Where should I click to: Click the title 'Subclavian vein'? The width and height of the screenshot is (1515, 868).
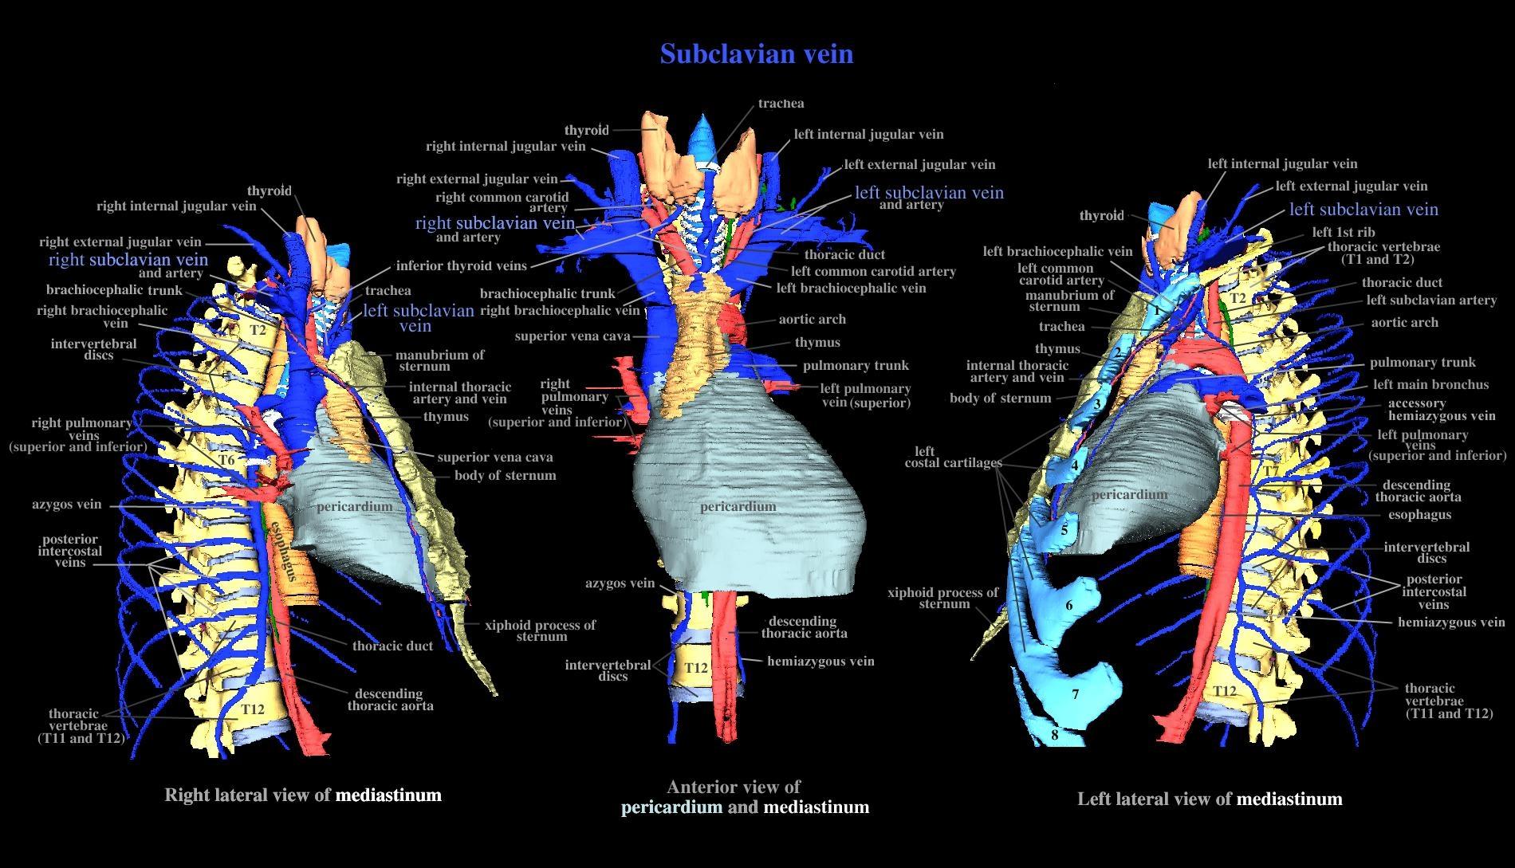pyautogui.click(x=757, y=53)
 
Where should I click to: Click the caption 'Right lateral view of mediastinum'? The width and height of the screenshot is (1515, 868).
pyautogui.click(x=303, y=795)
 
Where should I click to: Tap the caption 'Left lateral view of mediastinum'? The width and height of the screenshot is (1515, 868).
pyautogui.click(x=1210, y=799)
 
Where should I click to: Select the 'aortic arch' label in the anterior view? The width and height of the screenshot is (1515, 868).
pyautogui.click(x=812, y=320)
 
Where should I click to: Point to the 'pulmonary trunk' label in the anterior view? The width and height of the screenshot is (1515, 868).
pyautogui.click(x=856, y=366)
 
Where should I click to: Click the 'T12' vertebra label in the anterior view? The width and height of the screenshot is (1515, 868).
pyautogui.click(x=696, y=668)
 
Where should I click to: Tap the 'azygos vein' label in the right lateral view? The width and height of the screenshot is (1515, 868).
pyautogui.click(x=67, y=505)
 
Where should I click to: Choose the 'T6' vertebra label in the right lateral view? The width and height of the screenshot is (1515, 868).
pyautogui.click(x=227, y=460)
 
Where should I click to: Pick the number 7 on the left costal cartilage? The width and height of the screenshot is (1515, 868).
pyautogui.click(x=1075, y=694)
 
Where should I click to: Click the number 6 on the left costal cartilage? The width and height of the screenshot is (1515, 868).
pyautogui.click(x=1069, y=605)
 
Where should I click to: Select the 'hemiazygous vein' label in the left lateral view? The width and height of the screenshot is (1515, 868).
pyautogui.click(x=1451, y=623)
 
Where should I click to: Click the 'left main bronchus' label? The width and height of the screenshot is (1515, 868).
pyautogui.click(x=1430, y=384)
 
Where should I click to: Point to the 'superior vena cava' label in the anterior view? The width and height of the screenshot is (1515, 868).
pyautogui.click(x=573, y=336)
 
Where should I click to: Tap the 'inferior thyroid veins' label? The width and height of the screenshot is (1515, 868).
pyautogui.click(x=461, y=266)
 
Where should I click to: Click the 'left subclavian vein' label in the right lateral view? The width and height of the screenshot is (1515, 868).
pyautogui.click(x=419, y=317)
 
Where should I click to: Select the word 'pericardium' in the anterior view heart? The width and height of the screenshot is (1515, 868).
pyautogui.click(x=738, y=507)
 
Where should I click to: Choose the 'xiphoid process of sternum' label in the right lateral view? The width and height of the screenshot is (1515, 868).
pyautogui.click(x=540, y=630)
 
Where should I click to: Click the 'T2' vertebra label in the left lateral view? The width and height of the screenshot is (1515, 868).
pyautogui.click(x=1238, y=298)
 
